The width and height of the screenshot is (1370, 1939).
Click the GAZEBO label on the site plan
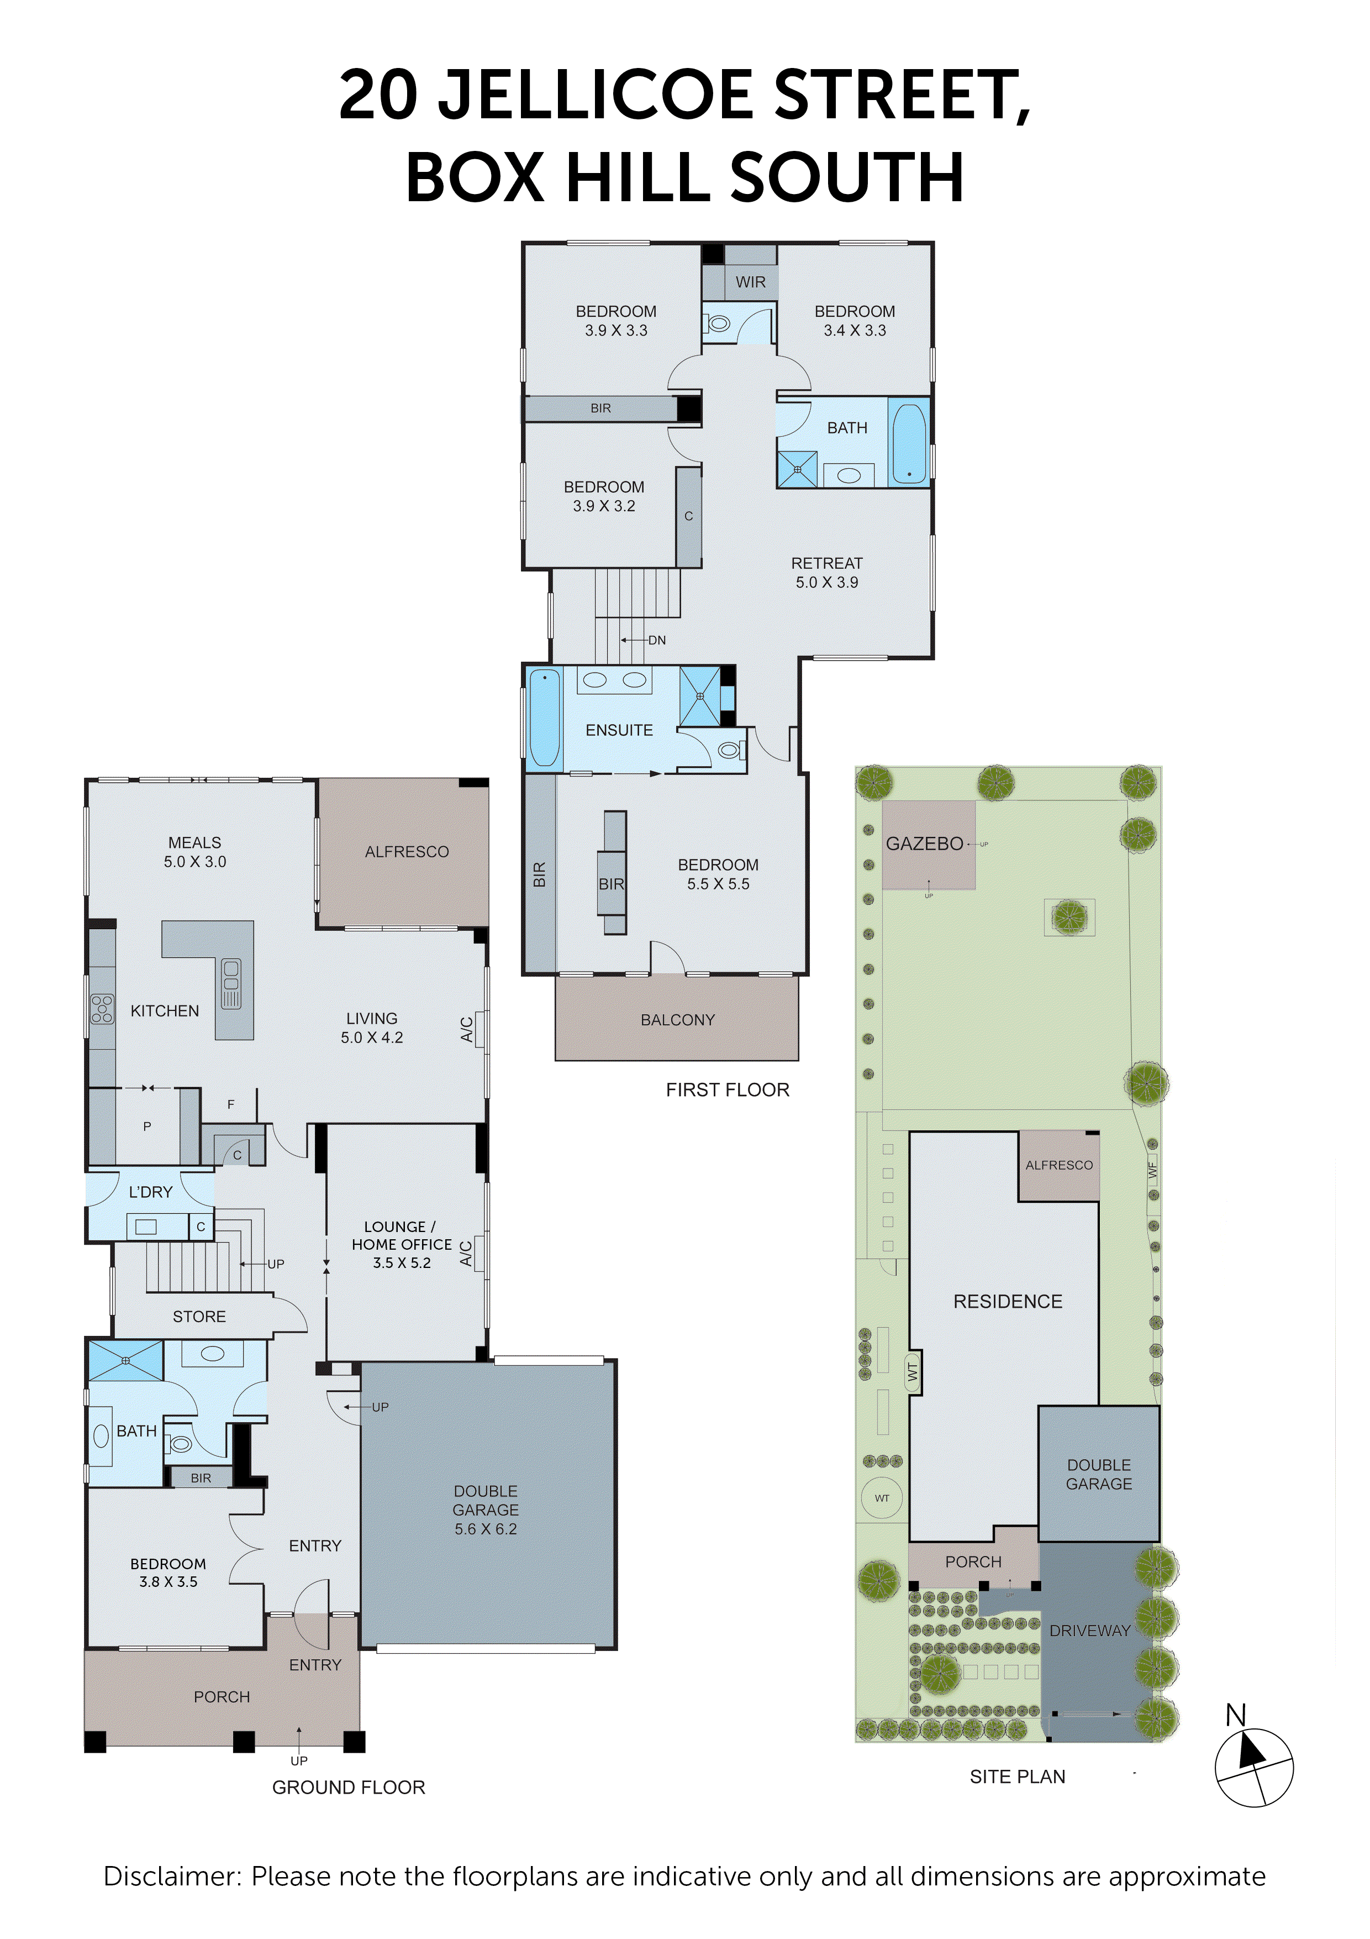924,843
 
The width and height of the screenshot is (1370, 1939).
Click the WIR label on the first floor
750,282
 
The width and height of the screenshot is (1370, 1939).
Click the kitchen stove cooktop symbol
102,1009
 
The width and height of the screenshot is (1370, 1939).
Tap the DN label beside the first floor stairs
657,640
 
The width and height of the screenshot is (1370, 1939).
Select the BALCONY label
677,1020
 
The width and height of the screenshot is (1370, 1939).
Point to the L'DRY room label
150,1192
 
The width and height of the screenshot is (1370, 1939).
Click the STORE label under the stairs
199,1317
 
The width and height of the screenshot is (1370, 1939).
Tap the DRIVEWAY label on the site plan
1089,1631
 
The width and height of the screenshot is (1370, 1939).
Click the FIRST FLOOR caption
728,1090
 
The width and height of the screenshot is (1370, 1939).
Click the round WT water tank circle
882,1498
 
